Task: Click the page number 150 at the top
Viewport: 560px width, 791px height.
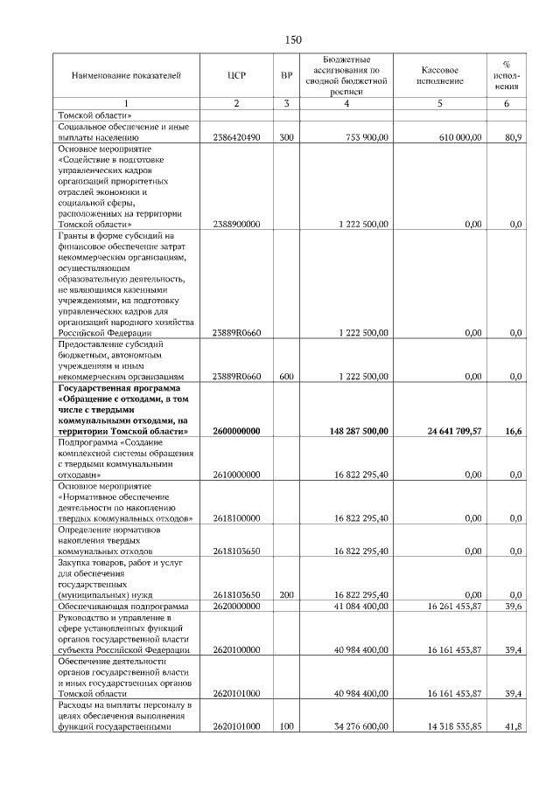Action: pyautogui.click(x=293, y=40)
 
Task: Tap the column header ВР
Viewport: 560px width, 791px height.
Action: pyautogui.click(x=286, y=75)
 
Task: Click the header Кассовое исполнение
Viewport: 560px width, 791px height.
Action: pyautogui.click(x=439, y=75)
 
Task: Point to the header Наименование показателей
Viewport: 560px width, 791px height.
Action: pyautogui.click(x=126, y=75)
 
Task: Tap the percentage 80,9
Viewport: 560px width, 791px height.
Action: pyautogui.click(x=514, y=138)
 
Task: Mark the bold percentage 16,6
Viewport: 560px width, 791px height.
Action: pyautogui.click(x=514, y=431)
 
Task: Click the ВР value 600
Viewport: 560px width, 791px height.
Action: pyautogui.click(x=286, y=376)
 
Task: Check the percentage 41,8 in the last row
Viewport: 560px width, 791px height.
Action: pyautogui.click(x=514, y=725)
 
